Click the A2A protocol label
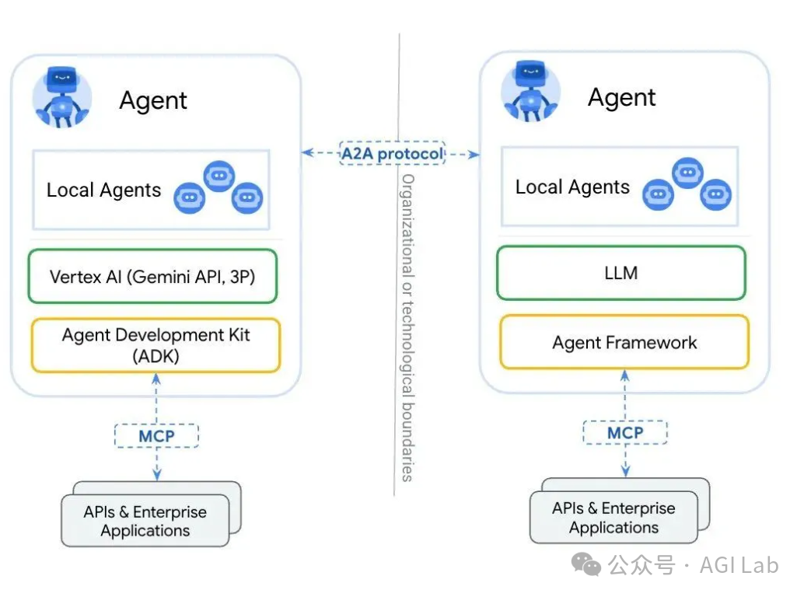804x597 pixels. pyautogui.click(x=392, y=153)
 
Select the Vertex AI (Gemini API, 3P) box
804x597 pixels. pyautogui.click(x=152, y=276)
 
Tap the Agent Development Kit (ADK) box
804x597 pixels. pyautogui.click(x=156, y=344)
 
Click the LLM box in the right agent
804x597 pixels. pyautogui.click(x=620, y=273)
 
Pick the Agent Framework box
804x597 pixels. pyautogui.click(x=624, y=342)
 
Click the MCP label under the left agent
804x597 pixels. pyautogui.click(x=156, y=435)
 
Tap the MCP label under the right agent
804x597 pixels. pyautogui.click(x=624, y=432)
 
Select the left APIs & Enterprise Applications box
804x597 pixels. pyautogui.click(x=145, y=522)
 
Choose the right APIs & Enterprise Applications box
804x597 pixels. pyautogui.click(x=613, y=518)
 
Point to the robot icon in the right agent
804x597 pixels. pyautogui.click(x=531, y=93)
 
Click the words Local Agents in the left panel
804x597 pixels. pyautogui.click(x=103, y=190)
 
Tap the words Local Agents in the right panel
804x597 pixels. pyautogui.click(x=572, y=187)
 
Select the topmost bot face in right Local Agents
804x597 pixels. pyautogui.click(x=687, y=173)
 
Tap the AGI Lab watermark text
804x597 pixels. pyautogui.click(x=739, y=565)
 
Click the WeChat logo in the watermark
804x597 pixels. pyautogui.click(x=587, y=565)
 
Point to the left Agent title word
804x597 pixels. pyautogui.click(x=153, y=101)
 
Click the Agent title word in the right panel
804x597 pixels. pyautogui.click(x=621, y=98)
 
